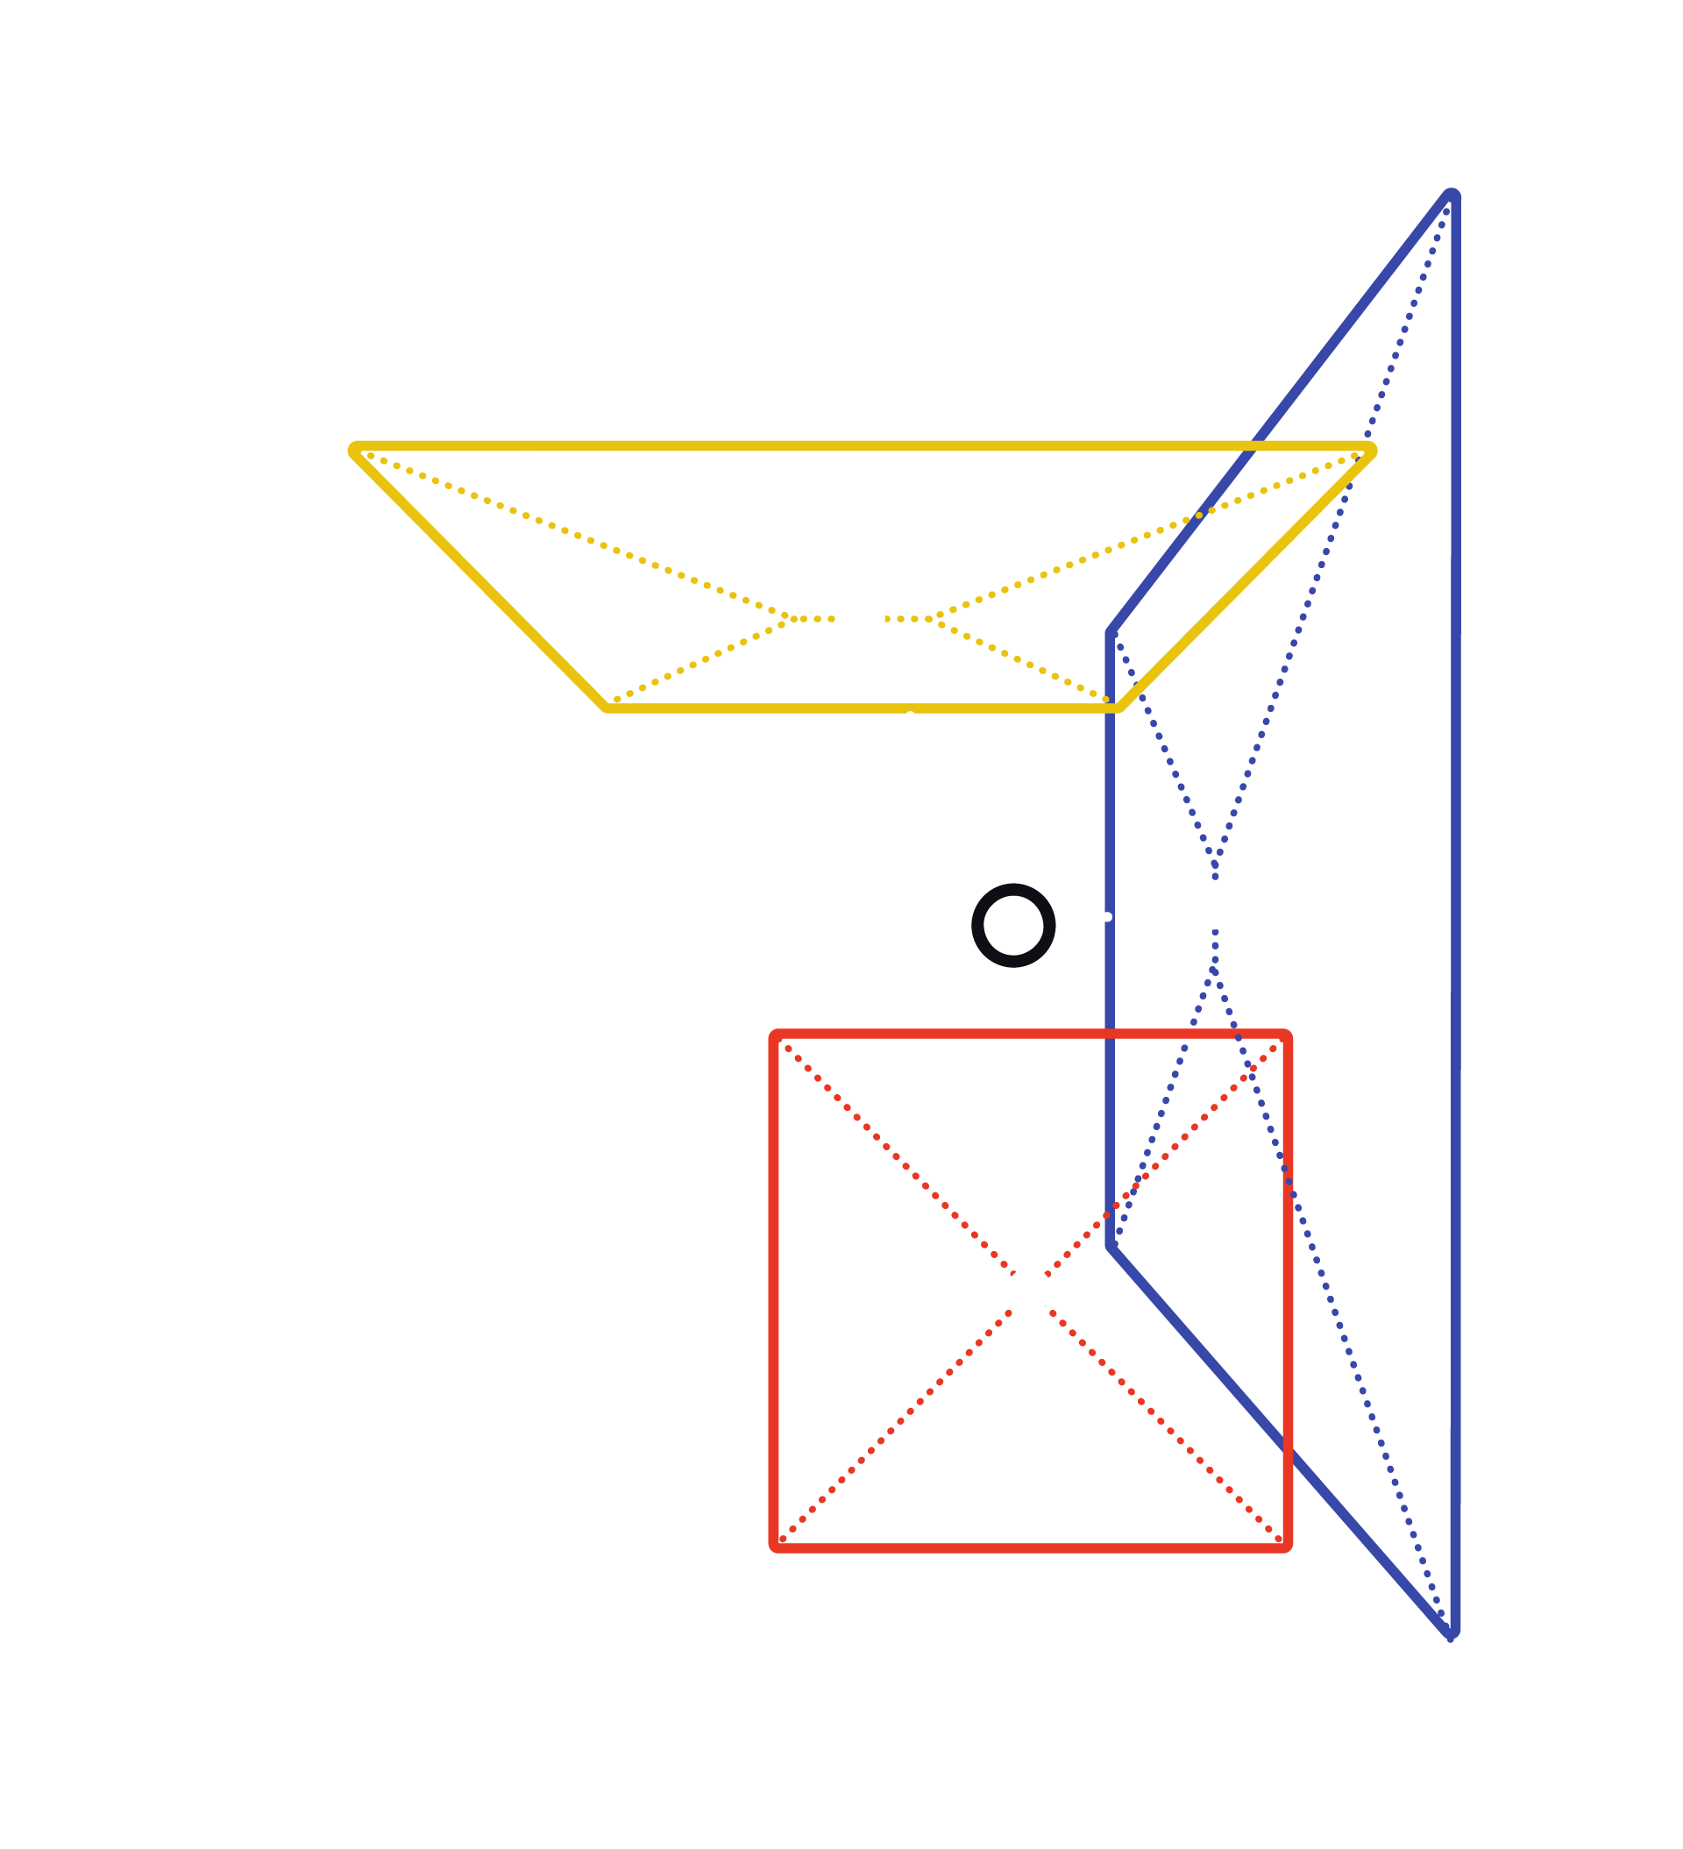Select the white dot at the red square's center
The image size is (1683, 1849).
1029,1291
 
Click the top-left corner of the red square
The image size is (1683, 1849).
775,1036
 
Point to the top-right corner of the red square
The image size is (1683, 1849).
1288,1036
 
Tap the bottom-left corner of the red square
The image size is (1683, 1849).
775,1547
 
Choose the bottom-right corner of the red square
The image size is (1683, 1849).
1288,1547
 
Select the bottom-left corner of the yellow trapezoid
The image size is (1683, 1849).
607,708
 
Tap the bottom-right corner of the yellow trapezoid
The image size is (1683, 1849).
1118,708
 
